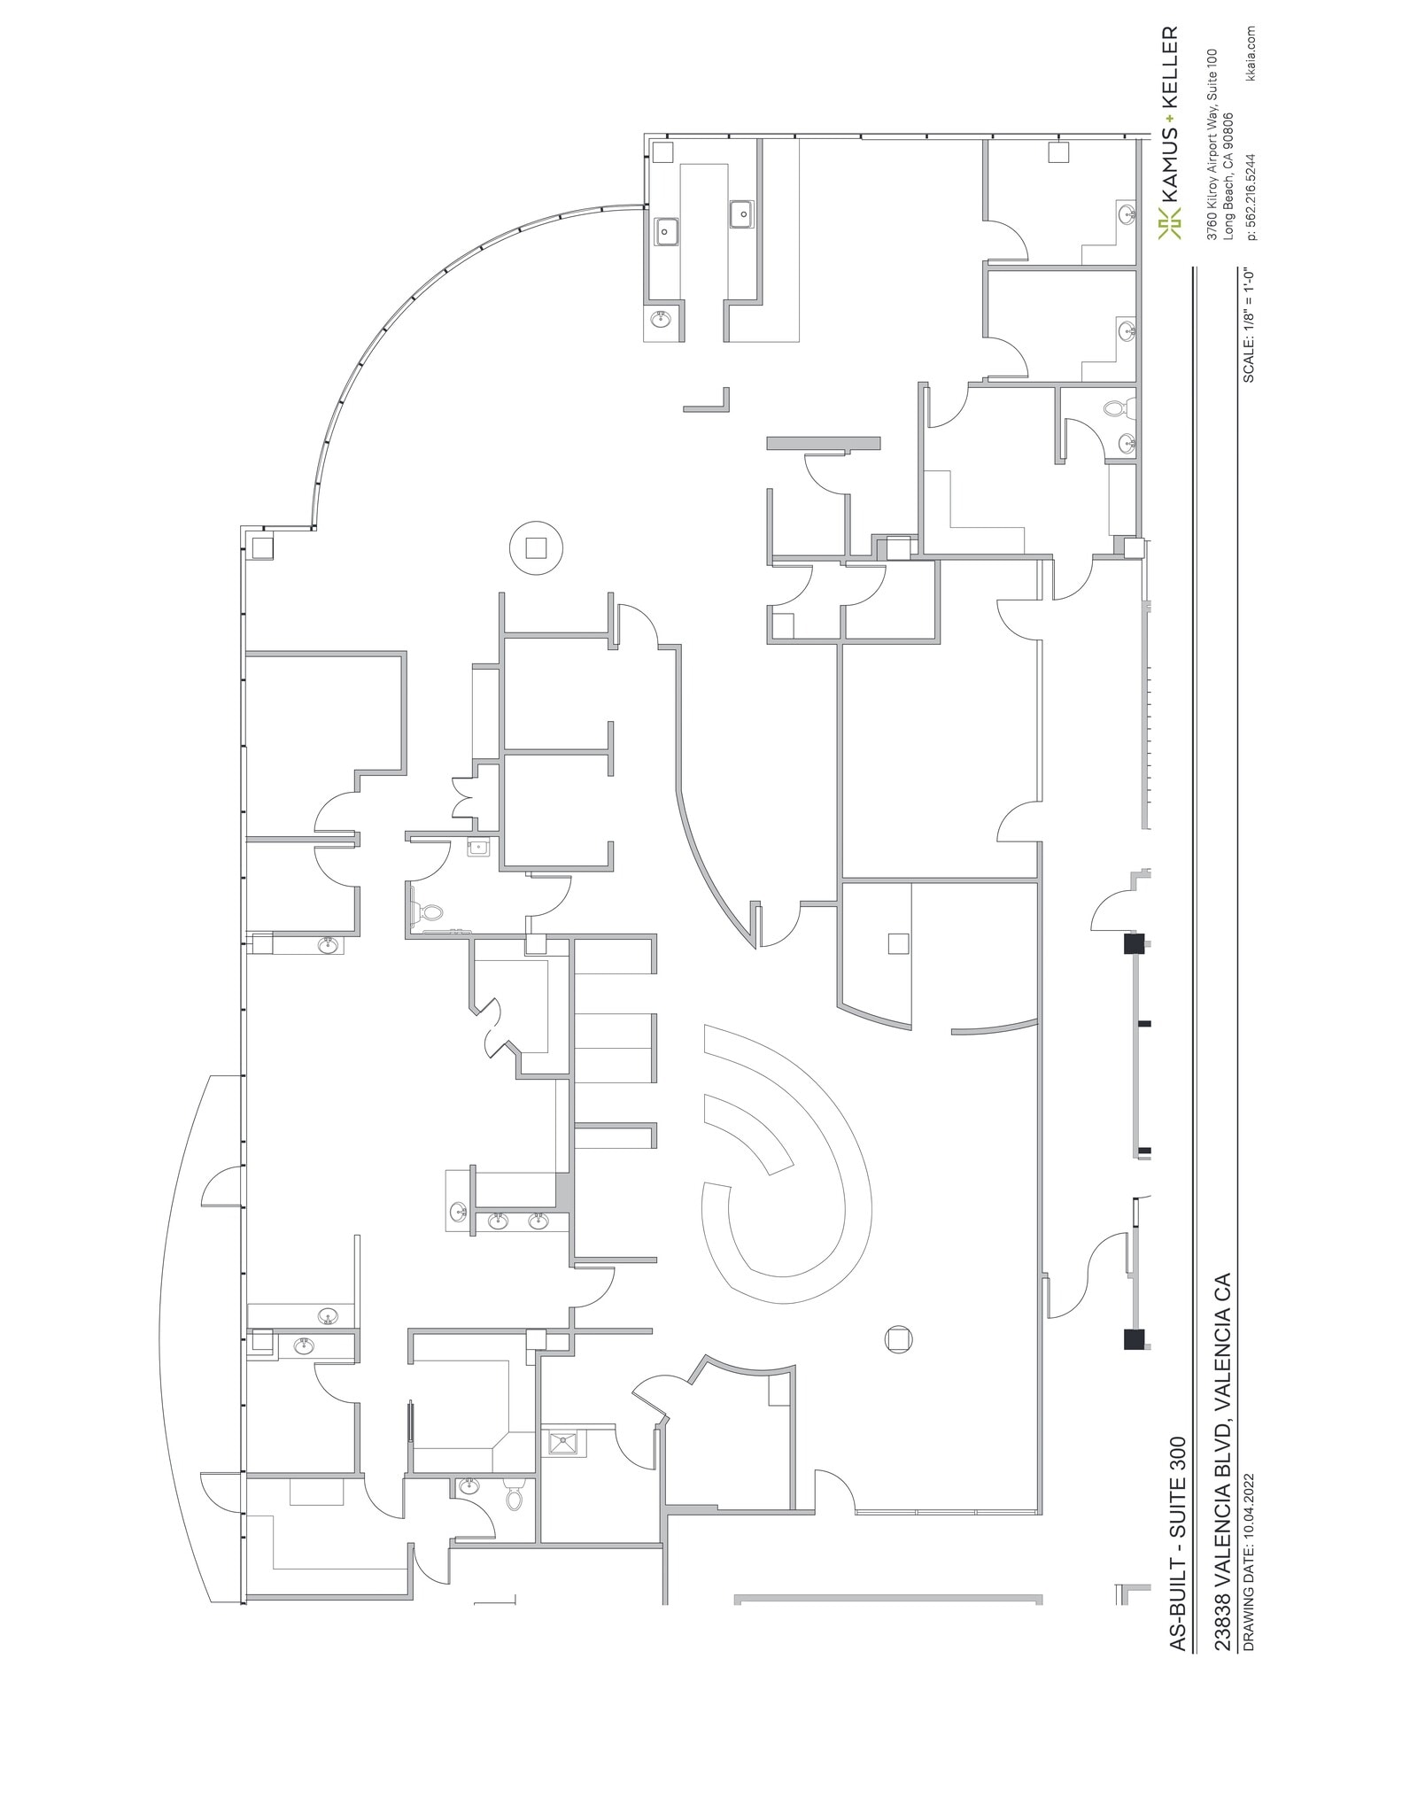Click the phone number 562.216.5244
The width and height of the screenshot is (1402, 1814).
point(1251,185)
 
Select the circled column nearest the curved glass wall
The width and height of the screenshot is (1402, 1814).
point(536,547)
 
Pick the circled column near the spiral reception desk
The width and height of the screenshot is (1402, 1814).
point(898,1338)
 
